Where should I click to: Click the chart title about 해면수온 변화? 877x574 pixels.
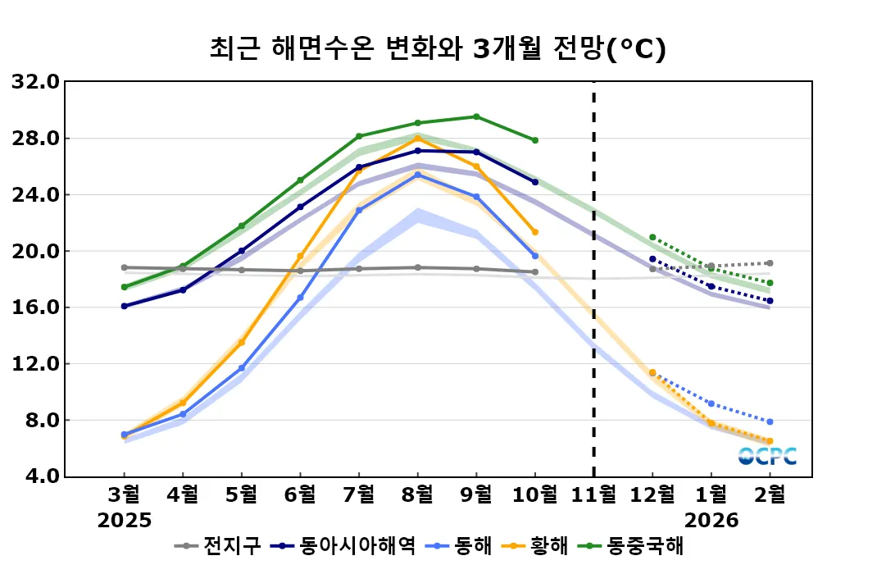(438, 48)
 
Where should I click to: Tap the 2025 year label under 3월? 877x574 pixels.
(125, 520)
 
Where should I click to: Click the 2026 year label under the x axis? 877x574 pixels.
(711, 520)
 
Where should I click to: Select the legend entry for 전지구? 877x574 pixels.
(221, 545)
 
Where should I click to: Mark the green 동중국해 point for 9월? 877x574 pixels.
(476, 116)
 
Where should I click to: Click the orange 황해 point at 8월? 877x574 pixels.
(417, 138)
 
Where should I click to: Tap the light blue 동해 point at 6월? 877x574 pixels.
(300, 298)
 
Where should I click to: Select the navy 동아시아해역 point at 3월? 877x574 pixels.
(125, 306)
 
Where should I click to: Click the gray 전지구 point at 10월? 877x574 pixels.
(535, 272)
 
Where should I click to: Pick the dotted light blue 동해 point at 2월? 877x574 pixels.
(770, 421)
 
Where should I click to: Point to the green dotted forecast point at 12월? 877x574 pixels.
(652, 237)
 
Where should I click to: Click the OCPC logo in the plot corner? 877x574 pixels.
(767, 457)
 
